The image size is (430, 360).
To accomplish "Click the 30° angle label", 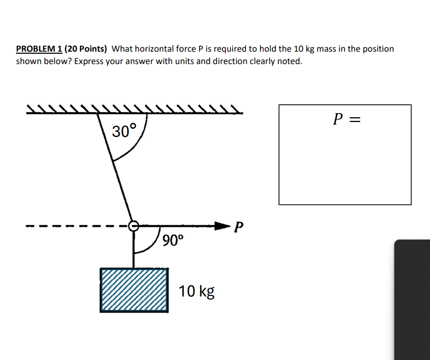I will (125, 131).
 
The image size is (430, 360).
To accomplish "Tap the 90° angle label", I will (172, 240).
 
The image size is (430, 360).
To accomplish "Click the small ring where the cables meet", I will (133, 226).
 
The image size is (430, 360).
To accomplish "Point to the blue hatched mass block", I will (134, 290).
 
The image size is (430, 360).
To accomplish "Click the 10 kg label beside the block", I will (196, 291).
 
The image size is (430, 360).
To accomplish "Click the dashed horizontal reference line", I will (78, 226).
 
